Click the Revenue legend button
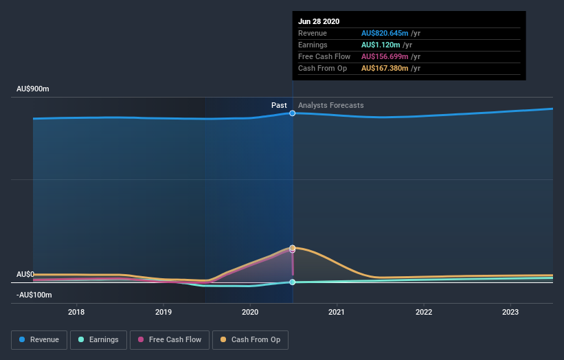(39, 339)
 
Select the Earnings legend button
(98, 339)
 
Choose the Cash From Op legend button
(250, 339)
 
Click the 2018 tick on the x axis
(77, 311)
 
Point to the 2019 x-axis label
(163, 311)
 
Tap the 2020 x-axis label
(250, 311)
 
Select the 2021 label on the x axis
(337, 311)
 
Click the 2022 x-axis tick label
(424, 311)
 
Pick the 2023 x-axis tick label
(510, 311)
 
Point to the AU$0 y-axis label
(25, 274)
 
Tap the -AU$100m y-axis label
(34, 295)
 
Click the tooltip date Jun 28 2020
(319, 21)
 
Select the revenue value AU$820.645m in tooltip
(385, 33)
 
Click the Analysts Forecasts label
(331, 105)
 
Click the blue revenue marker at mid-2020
(293, 113)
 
